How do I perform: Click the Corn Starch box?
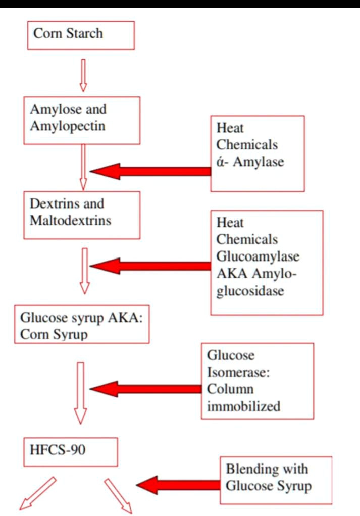81,35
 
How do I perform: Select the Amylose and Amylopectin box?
81,118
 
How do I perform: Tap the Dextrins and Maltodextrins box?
81,212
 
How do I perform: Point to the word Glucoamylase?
258,256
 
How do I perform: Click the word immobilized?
243,406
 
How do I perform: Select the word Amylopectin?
68,125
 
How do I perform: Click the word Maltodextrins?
71,220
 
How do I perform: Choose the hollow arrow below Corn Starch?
83,74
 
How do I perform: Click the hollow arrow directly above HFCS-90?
80,392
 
